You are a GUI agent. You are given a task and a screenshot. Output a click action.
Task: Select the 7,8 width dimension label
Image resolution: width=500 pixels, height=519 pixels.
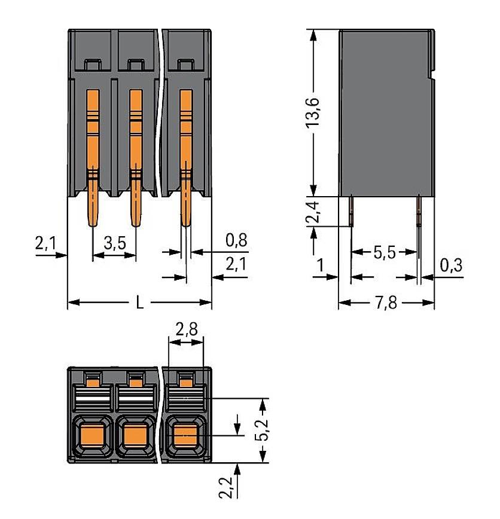(387, 304)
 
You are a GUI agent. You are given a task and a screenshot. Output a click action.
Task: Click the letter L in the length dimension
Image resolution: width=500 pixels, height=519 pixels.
(139, 303)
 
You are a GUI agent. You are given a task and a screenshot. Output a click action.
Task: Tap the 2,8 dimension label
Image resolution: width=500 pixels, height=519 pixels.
(186, 329)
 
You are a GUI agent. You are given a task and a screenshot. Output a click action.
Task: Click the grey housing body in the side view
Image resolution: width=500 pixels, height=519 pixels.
(386, 114)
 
